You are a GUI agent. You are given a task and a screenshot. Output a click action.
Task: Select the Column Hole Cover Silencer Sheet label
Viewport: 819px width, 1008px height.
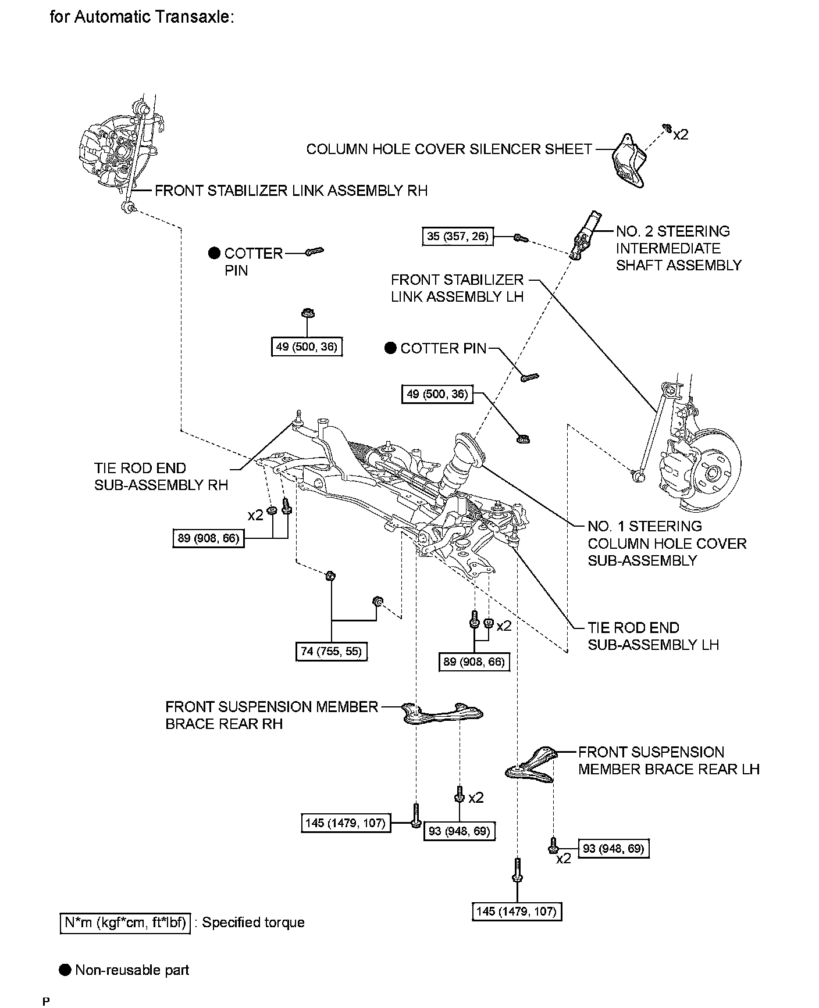click(x=448, y=149)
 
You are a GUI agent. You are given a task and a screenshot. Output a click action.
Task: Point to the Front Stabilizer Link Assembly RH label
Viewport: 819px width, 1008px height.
click(x=291, y=191)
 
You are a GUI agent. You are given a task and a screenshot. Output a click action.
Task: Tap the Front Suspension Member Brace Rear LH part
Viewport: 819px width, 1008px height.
click(x=532, y=764)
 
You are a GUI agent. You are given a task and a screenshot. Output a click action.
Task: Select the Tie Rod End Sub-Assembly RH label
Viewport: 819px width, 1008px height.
click(x=161, y=477)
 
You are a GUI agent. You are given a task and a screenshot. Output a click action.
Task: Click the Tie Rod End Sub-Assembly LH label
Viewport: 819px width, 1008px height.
click(x=653, y=636)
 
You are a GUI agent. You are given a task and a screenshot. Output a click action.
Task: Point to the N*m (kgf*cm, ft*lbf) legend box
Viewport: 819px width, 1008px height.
click(x=125, y=923)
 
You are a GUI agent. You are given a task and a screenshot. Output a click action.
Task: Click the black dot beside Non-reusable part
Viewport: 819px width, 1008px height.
click(x=66, y=970)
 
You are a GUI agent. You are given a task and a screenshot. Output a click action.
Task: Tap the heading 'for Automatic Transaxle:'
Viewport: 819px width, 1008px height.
click(x=142, y=17)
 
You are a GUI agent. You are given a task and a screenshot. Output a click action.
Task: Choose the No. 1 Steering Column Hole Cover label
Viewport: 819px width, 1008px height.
click(x=667, y=543)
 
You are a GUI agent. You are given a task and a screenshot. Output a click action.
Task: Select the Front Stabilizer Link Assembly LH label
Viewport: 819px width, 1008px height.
click(x=457, y=288)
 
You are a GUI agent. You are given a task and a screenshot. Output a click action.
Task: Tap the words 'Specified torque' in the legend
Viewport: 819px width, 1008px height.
click(x=253, y=923)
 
